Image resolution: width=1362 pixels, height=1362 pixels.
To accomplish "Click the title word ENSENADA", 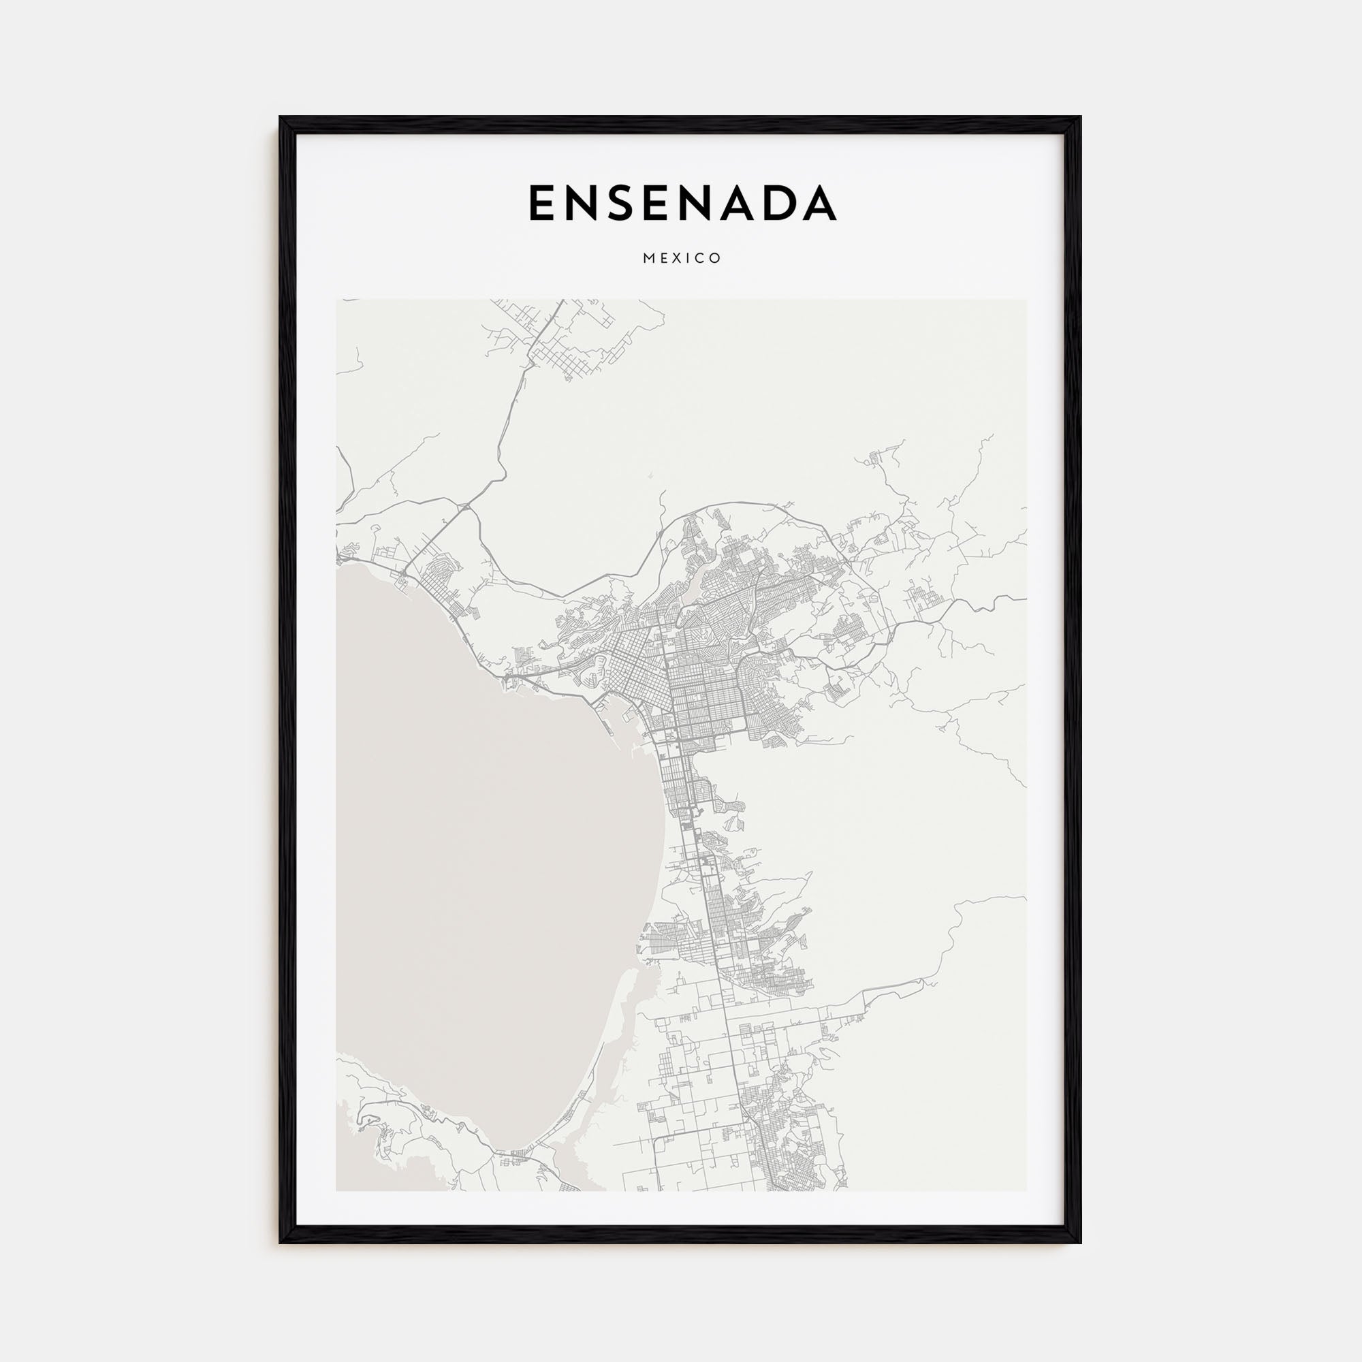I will tap(682, 203).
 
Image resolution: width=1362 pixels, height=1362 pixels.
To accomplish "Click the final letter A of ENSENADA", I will tap(819, 203).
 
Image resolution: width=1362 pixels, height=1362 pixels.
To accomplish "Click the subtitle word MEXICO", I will tap(682, 259).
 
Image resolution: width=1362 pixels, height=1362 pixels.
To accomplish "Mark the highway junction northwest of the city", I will tap(464, 506).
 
